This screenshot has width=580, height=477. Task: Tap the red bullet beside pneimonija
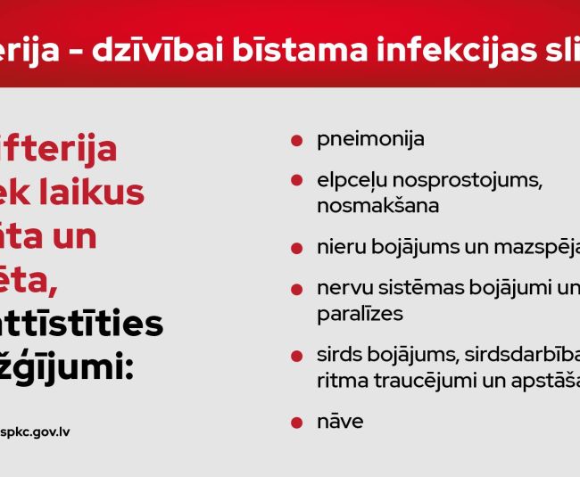[x=296, y=141]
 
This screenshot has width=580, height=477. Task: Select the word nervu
[x=340, y=289]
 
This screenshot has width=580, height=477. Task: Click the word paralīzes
[x=360, y=314]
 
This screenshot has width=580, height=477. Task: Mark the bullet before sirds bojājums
[x=296, y=356]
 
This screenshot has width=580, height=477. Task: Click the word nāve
[x=340, y=422]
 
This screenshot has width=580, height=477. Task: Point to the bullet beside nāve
[x=296, y=422]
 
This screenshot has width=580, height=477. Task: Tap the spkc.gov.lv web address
[x=37, y=432]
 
